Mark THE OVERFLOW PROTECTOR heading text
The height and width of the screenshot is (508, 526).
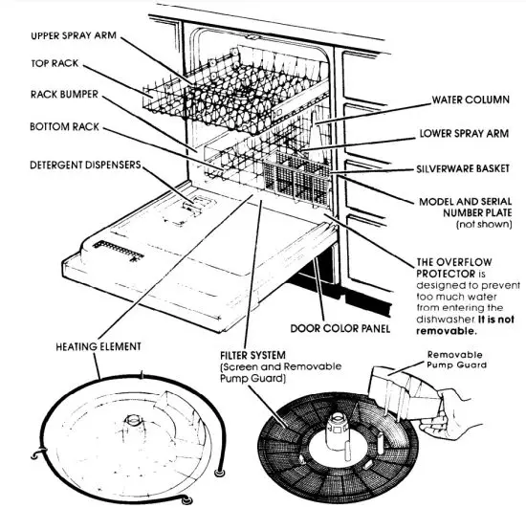pyautogui.click(x=449, y=267)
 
